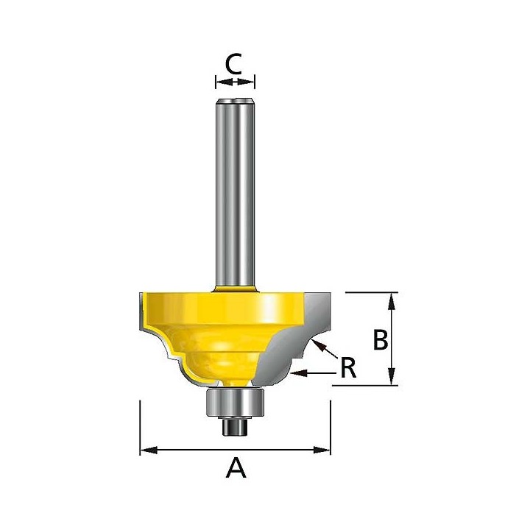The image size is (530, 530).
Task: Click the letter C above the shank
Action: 234,65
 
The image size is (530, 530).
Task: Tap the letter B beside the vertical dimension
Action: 381,341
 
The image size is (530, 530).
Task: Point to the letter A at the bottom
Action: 235,467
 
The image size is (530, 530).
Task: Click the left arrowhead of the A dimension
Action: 146,448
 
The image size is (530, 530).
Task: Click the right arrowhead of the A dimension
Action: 325,448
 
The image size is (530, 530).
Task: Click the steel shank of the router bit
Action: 235,191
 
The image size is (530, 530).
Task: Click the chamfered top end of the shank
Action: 235,98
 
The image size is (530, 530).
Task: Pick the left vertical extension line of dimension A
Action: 140,427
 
